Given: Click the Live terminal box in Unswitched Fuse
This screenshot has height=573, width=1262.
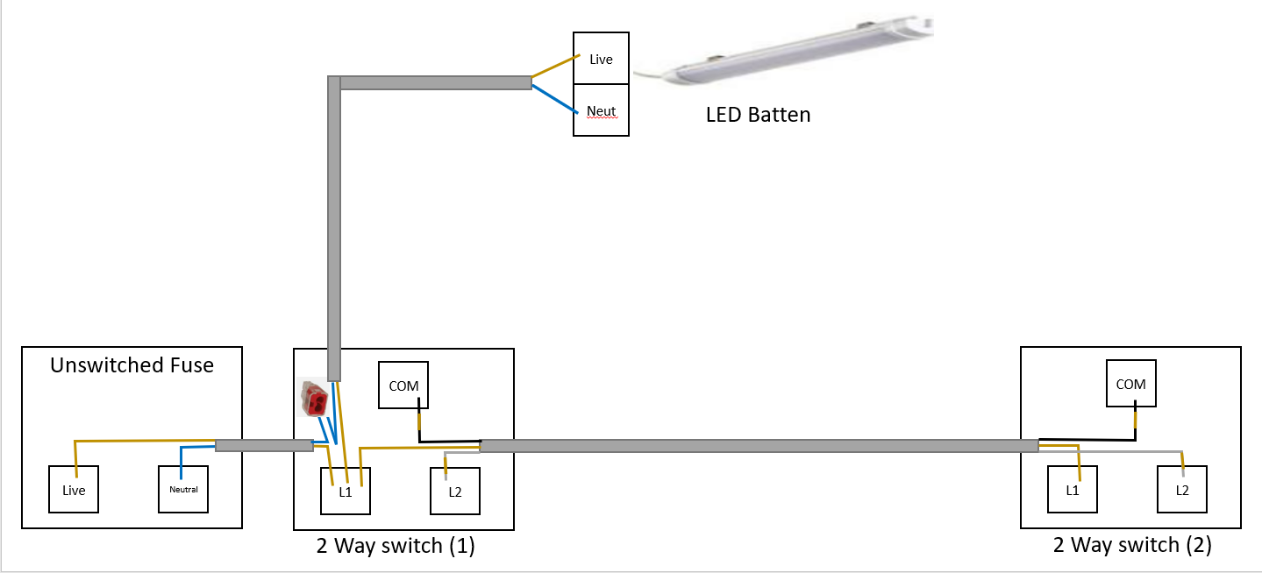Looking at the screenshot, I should tap(74, 490).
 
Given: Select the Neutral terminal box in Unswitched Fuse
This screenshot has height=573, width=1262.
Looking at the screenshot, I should tap(183, 489).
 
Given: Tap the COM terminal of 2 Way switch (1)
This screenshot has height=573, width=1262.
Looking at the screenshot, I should tap(403, 386).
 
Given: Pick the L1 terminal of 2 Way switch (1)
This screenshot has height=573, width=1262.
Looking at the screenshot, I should tap(346, 491).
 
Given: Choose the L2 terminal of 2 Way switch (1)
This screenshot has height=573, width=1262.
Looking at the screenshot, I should tap(454, 491).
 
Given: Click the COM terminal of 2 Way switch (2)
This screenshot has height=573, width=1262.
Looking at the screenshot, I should tap(1130, 384).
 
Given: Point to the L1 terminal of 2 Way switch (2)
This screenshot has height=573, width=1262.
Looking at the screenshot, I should tap(1073, 490).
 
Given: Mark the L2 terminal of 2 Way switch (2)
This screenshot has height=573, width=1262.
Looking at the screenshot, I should tap(1181, 490).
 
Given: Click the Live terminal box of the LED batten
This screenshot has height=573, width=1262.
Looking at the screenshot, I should tap(601, 59).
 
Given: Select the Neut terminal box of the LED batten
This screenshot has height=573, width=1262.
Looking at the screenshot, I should tap(601, 110).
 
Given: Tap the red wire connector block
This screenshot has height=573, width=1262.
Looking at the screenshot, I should tap(314, 400).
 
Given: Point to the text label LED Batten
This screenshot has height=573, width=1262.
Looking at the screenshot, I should tap(758, 115).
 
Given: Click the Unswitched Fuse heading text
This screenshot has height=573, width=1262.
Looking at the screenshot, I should tap(132, 365).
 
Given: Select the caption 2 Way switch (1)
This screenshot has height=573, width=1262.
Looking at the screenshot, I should tap(396, 546).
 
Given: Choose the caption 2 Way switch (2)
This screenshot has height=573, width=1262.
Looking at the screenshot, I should tap(1132, 545).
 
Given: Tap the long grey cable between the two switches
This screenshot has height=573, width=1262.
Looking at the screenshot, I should tap(759, 446).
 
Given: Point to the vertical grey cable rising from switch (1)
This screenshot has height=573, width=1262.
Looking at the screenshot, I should tap(333, 228).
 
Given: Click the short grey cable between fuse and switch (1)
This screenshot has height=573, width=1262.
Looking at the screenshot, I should tap(264, 445).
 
